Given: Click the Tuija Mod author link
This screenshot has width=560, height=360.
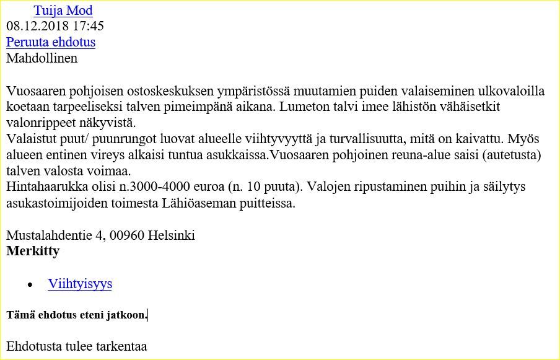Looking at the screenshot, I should (63, 11).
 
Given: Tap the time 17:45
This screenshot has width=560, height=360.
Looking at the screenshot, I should (88, 26).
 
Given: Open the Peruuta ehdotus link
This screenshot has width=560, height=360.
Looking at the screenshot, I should (51, 42).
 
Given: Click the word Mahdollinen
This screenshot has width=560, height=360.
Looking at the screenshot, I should (42, 58).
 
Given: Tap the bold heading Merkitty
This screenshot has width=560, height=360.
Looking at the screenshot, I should (33, 251).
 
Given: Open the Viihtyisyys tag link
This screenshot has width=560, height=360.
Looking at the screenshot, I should (80, 284).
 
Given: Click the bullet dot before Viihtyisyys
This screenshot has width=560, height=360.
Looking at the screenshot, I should (30, 284).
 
